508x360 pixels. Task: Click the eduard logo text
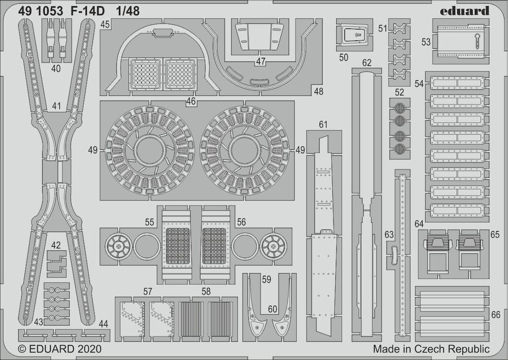tap(464, 11)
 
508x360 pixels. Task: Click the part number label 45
tap(105, 24)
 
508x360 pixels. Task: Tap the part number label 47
tap(261, 61)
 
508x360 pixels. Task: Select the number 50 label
tap(343, 57)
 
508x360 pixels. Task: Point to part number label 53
tap(426, 42)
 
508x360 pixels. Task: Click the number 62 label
tap(366, 62)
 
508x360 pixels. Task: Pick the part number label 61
tap(323, 124)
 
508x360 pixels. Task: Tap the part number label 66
tap(495, 314)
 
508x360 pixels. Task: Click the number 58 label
tap(206, 291)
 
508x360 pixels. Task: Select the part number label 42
tap(56, 245)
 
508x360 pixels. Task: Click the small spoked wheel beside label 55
tap(118, 247)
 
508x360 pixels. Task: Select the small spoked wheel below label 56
tap(273, 247)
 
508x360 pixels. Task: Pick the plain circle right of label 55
tap(147, 247)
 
